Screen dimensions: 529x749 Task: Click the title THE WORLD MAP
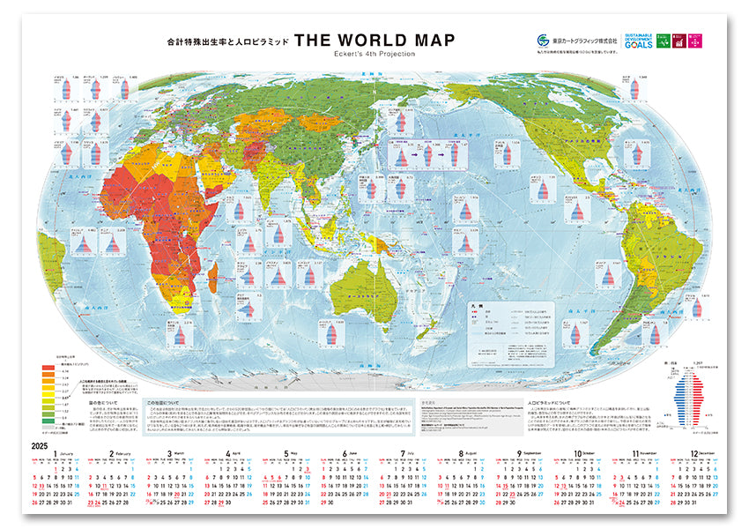coord(374,41)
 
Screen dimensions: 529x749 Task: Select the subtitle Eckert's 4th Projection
coord(375,55)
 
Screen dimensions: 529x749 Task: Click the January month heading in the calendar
coord(57,455)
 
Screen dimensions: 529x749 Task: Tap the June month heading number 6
coord(345,455)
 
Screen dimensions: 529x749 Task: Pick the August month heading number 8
coord(461,455)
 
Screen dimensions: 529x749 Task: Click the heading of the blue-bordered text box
coord(163,403)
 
